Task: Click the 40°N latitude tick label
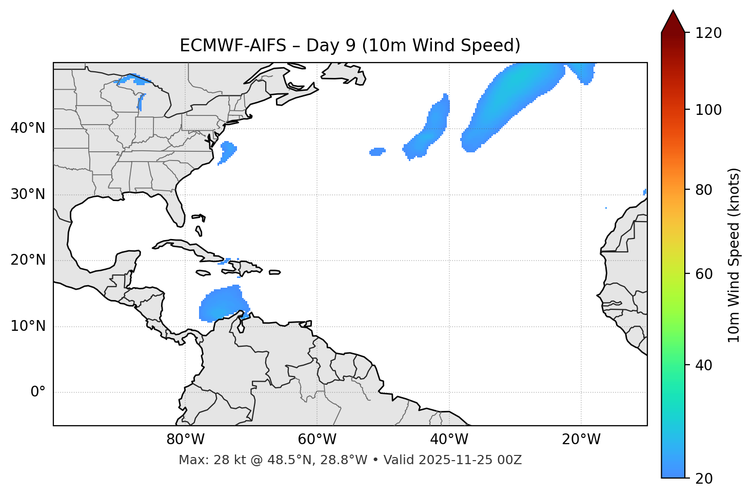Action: tap(28, 128)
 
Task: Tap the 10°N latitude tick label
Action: tap(28, 326)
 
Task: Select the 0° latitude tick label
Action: tap(38, 392)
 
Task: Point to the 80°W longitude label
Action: tap(185, 440)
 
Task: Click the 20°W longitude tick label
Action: tap(581, 440)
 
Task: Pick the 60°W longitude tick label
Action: tap(317, 440)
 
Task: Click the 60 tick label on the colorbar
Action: tap(702, 274)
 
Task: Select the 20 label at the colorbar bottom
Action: tap(702, 479)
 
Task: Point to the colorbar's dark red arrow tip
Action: tap(673, 12)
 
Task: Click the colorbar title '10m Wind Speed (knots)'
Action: tap(734, 255)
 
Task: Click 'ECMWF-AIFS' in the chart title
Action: tap(233, 46)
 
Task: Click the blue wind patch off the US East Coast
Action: tap(227, 151)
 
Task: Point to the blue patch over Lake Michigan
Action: tap(140, 102)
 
